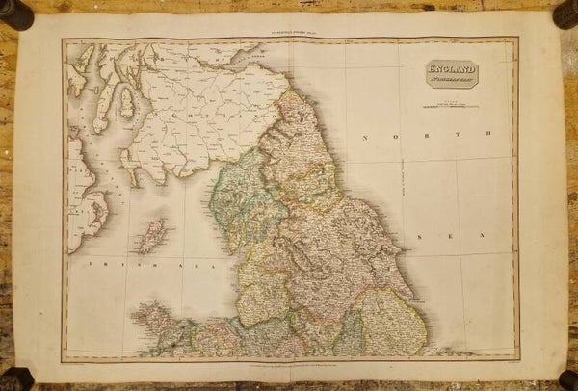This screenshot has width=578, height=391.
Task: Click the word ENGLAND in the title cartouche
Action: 452,68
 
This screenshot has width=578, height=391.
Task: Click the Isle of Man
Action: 151,234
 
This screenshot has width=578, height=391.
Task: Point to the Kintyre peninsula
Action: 101,106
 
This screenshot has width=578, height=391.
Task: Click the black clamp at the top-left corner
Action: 16,13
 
